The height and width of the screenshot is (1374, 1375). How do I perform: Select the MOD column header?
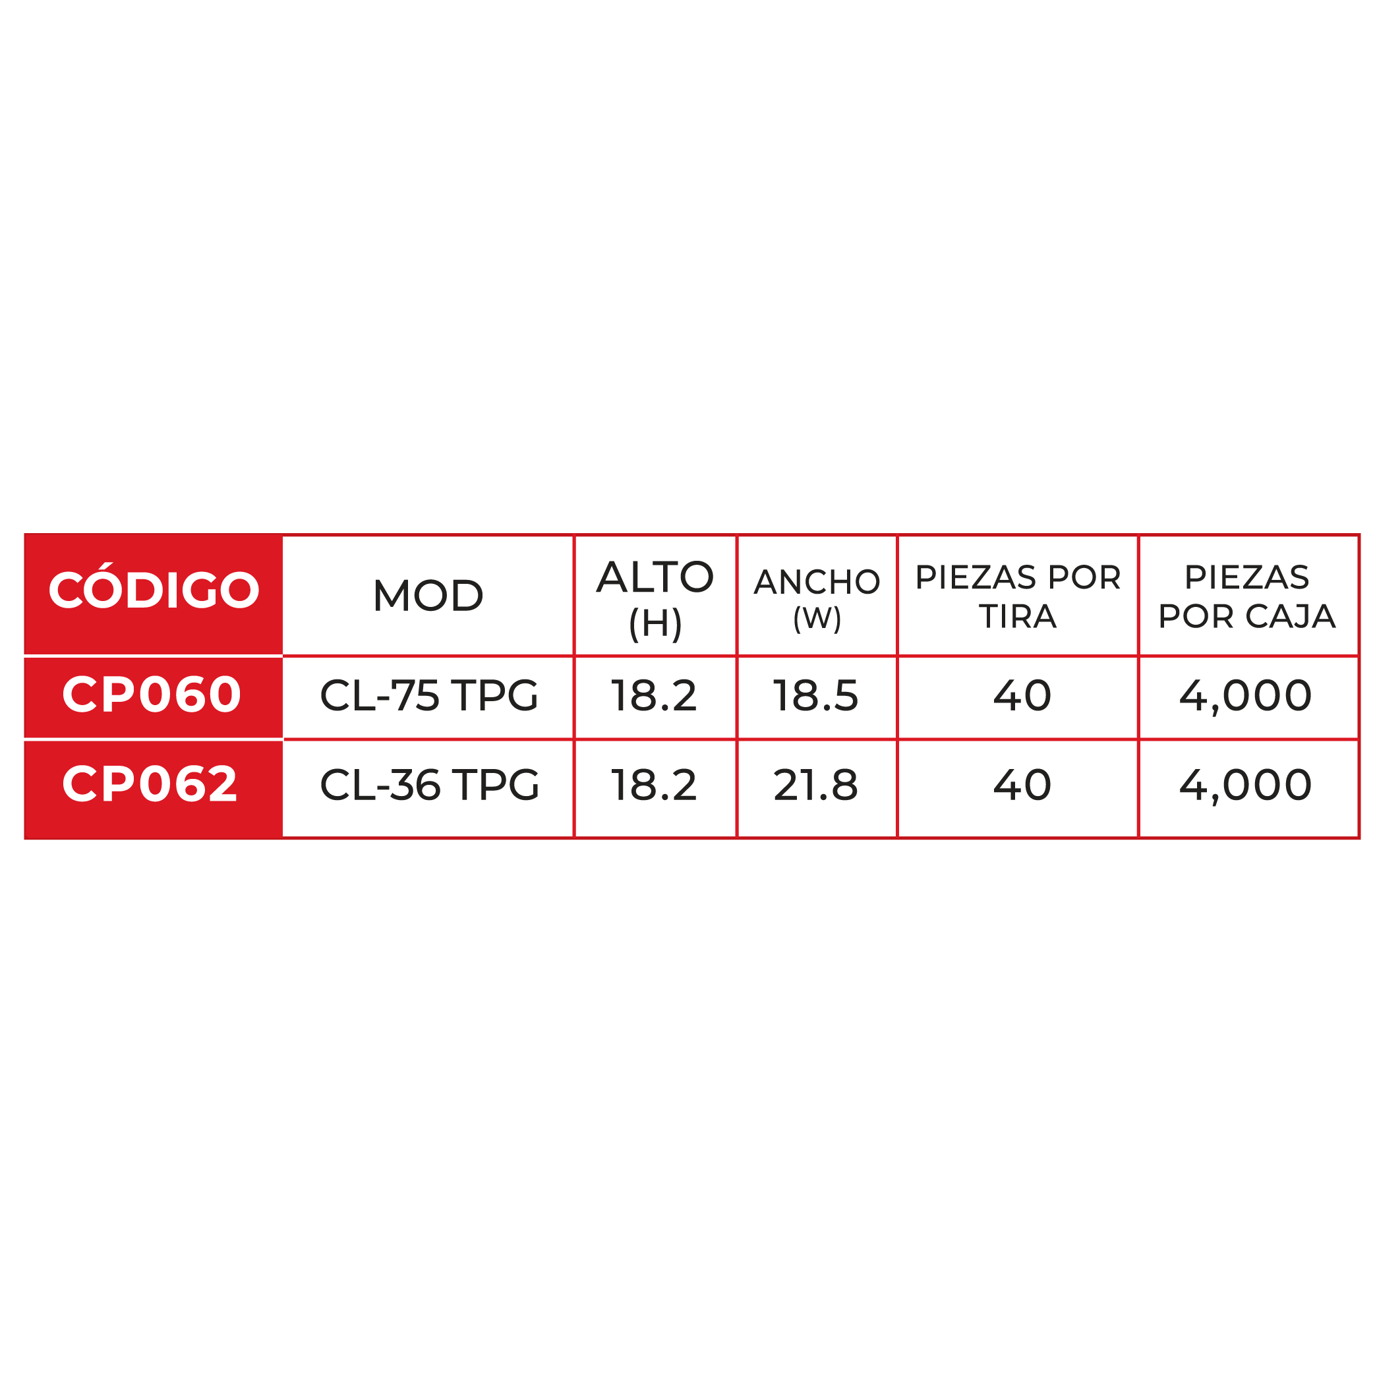428,596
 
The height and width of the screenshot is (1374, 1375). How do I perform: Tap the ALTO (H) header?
655,599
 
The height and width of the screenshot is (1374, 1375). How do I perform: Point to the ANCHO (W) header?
817,599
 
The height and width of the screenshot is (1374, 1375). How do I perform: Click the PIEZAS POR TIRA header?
1018,596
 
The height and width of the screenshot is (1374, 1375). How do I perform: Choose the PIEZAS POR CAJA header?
1248,596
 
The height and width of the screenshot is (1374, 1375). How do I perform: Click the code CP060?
152,695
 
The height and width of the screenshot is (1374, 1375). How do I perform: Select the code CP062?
150,784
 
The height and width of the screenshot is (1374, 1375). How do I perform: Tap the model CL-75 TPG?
429,695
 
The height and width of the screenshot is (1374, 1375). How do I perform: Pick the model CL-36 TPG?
429,785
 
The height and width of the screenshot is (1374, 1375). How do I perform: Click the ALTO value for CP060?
654,695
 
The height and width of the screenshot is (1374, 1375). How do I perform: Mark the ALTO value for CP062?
654,785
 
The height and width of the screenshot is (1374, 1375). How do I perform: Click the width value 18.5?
815,695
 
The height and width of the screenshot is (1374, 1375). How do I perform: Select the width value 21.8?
815,785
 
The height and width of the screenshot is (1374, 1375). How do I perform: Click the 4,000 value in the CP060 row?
1245,697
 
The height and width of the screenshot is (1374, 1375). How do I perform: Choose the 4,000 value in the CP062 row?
1245,786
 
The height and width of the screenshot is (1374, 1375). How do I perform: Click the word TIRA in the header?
1018,616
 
